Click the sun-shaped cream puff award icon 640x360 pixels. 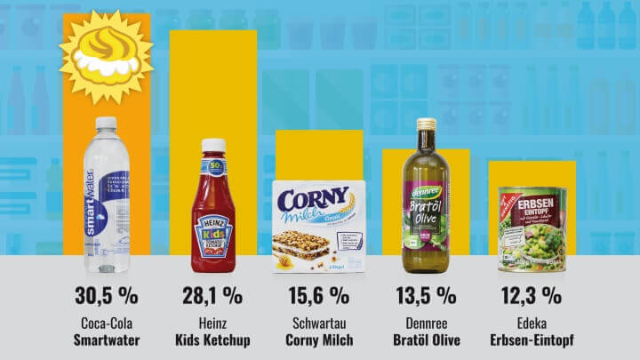[106, 56]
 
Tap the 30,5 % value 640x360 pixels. [106, 296]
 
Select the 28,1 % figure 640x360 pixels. [213, 296]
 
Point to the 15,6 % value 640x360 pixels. [319, 296]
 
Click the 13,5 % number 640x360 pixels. [426, 296]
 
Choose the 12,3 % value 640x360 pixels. [532, 296]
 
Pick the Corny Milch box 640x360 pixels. [319, 228]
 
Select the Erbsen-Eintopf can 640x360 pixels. [532, 229]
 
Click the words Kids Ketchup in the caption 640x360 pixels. [213, 340]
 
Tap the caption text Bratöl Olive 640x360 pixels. [426, 340]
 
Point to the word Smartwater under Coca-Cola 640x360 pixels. [106, 340]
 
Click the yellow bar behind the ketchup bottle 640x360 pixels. [213, 80]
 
